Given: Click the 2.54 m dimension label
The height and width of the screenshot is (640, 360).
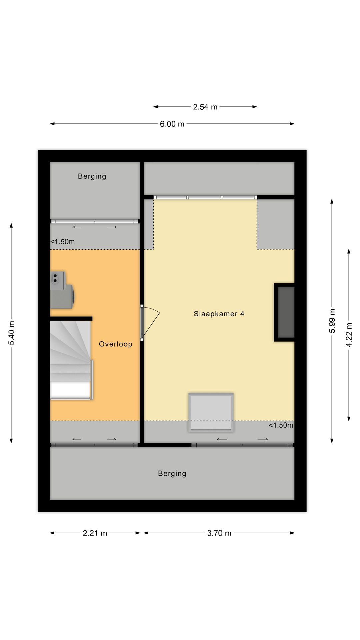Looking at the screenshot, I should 205,107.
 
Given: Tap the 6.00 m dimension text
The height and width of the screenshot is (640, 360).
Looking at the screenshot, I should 172,124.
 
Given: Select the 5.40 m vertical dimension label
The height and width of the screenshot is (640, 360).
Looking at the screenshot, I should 12,333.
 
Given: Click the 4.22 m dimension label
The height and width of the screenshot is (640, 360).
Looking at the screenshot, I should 349,335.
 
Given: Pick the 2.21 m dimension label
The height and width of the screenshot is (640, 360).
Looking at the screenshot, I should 95,533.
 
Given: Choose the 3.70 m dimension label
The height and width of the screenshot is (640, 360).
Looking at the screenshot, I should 219,533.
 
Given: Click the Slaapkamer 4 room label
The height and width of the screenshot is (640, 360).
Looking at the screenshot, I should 219,314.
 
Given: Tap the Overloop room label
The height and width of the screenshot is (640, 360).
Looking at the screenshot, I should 115,344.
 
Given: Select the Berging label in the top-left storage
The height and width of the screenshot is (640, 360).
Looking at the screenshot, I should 92,176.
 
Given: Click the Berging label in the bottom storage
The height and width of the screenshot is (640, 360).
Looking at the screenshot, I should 172,473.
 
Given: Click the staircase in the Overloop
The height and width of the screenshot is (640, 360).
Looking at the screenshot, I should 71,360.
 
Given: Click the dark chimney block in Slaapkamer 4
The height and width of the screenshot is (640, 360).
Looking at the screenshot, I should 285,312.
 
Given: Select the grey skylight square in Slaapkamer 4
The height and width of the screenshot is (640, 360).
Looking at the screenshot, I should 211,412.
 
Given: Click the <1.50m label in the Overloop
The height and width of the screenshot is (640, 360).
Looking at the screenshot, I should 63,242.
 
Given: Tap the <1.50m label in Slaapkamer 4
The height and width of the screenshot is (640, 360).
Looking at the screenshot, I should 281,425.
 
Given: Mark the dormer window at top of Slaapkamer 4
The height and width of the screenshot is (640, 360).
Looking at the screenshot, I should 205,197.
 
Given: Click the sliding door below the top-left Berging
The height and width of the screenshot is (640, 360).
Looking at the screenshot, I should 95,221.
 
